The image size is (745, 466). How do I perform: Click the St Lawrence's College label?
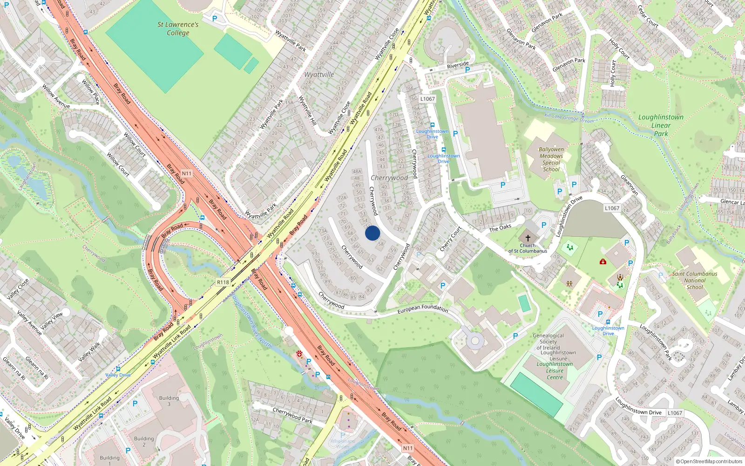click(x=178, y=28)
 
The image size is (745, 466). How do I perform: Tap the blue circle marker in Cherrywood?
click(x=372, y=233)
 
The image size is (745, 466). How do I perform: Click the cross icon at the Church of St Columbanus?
click(x=528, y=238)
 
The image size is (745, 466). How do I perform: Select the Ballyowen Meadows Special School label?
click(x=551, y=159)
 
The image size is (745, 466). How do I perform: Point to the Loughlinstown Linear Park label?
click(x=661, y=125)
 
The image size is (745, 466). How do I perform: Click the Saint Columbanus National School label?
click(x=695, y=280)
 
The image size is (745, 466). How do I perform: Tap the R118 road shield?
click(x=223, y=282)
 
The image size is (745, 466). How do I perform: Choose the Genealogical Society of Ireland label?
click(x=548, y=342)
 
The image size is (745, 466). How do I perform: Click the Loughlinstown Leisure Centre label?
click(x=555, y=370)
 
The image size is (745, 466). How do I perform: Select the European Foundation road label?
click(x=423, y=308)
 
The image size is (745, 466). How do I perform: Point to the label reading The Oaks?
click(x=500, y=228)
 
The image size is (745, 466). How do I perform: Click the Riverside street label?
click(x=458, y=65)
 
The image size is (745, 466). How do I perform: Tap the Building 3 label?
click(x=169, y=401)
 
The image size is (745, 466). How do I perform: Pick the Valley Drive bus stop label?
click(x=118, y=375)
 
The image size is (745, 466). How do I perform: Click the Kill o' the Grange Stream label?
click(x=569, y=118)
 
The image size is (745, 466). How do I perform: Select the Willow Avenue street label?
click(x=56, y=96)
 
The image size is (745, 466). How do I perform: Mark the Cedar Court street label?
click(x=648, y=16)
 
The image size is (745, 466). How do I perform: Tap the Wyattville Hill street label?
click(x=307, y=110)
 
